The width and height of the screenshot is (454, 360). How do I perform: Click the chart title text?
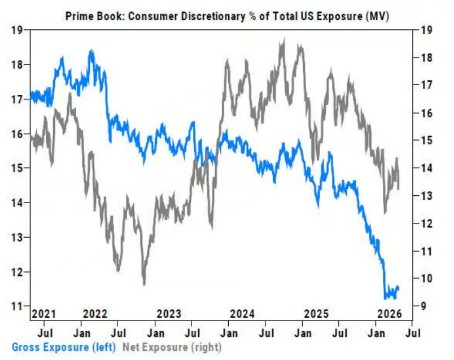[227, 17]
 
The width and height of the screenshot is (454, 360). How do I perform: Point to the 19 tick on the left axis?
[18, 30]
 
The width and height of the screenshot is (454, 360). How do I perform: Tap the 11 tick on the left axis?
[18, 306]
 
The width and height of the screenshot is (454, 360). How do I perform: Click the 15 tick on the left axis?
[18, 168]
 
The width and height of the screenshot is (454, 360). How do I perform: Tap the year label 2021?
[44, 314]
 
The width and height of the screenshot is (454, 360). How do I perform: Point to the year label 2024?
[243, 314]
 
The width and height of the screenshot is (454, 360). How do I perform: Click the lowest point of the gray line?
[144, 284]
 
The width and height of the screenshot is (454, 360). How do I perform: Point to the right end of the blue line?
[399, 288]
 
